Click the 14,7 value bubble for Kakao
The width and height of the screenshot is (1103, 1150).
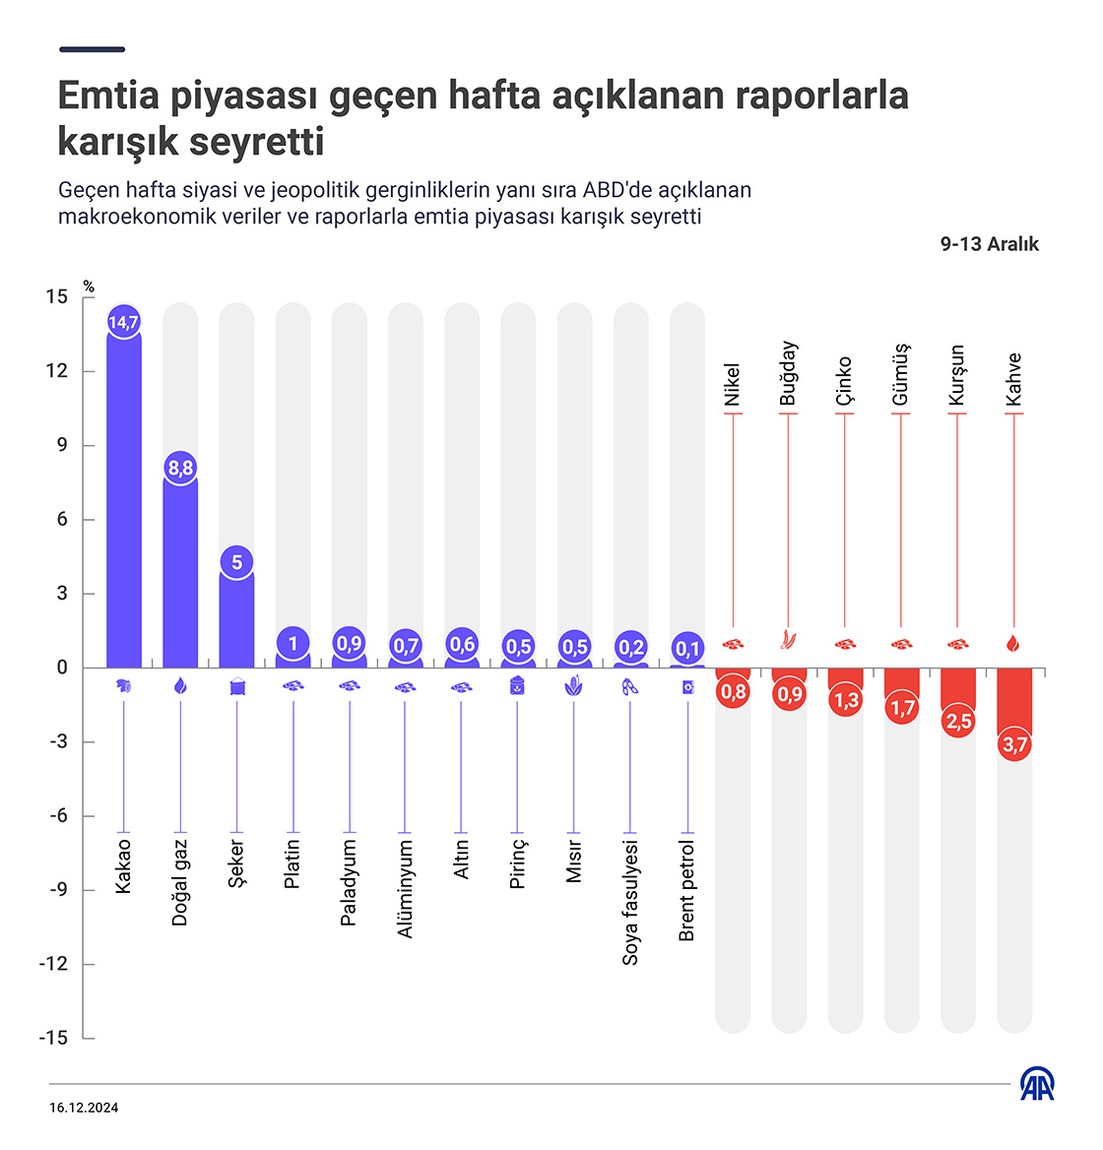tap(124, 322)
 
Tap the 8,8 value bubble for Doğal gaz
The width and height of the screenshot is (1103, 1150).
tap(180, 468)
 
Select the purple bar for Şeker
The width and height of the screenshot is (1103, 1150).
tap(236, 620)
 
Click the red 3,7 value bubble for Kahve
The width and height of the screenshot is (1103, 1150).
tap(1014, 744)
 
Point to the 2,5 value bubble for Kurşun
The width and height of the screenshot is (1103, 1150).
tap(958, 721)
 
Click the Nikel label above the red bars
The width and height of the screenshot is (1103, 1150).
tap(732, 384)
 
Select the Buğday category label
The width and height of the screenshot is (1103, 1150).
tap(788, 373)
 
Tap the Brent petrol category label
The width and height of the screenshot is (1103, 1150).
tap(687, 891)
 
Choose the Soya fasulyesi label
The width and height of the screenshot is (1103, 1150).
tap(631, 902)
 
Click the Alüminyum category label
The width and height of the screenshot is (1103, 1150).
tap(406, 888)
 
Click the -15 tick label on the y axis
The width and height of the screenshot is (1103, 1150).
tap(53, 1038)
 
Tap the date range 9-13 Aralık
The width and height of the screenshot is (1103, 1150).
tap(989, 244)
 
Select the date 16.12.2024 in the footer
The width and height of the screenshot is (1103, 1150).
tap(84, 1108)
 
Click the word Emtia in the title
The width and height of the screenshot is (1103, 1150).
tap(108, 96)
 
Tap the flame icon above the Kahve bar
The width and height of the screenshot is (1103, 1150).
tap(1014, 644)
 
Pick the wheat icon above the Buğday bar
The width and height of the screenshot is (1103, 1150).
tap(788, 640)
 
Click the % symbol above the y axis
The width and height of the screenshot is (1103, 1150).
tap(89, 287)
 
